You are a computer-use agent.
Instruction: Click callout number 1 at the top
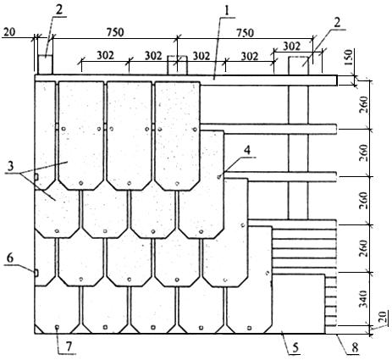(x=227, y=10)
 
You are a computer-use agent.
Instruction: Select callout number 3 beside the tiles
(x=10, y=166)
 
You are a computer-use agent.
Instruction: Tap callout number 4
(x=247, y=150)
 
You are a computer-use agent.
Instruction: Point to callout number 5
(x=295, y=348)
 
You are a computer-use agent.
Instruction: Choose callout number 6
(x=10, y=258)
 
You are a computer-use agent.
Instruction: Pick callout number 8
(x=355, y=348)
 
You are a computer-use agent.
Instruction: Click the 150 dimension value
(x=349, y=58)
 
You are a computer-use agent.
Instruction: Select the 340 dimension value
(x=364, y=299)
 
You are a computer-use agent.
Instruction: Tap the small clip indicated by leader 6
(x=36, y=273)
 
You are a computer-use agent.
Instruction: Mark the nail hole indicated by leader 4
(x=219, y=177)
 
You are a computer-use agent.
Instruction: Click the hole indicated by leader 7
(x=57, y=327)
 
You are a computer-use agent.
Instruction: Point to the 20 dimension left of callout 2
(x=9, y=31)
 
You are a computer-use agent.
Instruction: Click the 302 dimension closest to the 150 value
(x=291, y=46)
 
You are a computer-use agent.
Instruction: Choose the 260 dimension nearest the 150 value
(x=364, y=105)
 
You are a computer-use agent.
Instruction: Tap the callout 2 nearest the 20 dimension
(x=59, y=10)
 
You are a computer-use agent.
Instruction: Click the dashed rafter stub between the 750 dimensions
(x=177, y=65)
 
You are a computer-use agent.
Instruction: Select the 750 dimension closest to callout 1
(x=245, y=32)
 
